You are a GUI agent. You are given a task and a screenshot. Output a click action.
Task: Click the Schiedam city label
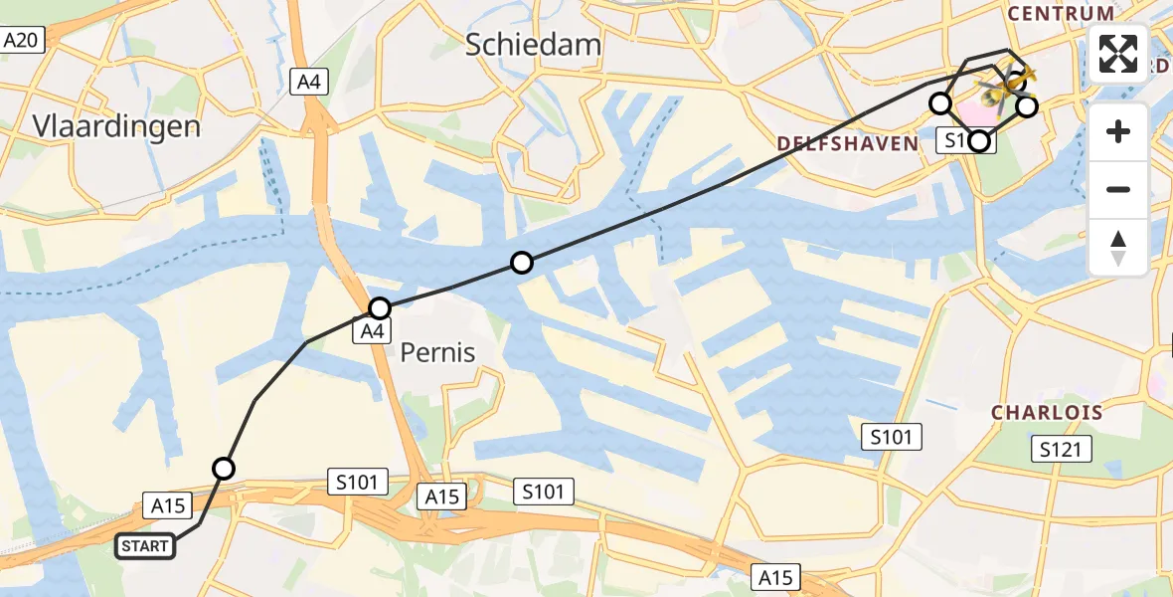534,45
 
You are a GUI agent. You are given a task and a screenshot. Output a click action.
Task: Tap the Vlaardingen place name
116,126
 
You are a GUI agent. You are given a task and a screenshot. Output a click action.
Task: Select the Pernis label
437,352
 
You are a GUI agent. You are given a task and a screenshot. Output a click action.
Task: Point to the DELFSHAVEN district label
847,144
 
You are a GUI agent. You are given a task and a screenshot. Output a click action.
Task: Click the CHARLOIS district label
1047,412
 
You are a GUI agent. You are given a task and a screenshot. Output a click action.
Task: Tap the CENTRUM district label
1061,14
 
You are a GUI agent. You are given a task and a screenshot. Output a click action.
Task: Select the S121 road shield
1061,450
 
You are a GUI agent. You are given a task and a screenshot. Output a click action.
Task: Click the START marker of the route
146,546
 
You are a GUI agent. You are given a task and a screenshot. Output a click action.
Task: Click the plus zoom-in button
1118,131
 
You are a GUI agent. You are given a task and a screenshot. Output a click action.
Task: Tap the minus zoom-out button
1118,189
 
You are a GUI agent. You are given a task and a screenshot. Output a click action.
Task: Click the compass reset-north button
1118,247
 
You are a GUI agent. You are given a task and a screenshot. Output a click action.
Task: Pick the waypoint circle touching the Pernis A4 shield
380,308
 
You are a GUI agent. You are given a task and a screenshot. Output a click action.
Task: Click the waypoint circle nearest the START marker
224,469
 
